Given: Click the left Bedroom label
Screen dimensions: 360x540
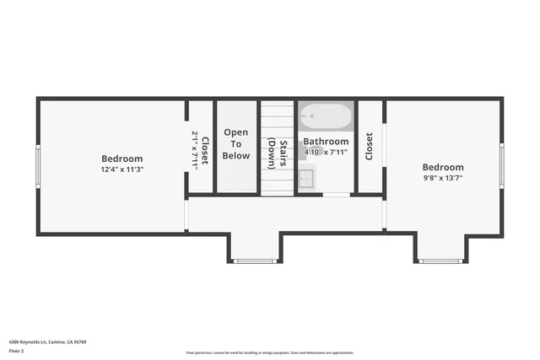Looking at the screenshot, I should [121, 159].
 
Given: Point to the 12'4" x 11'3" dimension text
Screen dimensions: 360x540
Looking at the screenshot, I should [121, 169].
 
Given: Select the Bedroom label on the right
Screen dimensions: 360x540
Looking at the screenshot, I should [442, 167].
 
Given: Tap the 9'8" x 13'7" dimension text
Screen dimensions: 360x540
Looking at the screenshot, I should [442, 178].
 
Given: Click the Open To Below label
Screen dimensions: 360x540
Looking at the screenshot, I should [236, 144].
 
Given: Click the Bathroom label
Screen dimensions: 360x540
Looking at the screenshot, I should [326, 142].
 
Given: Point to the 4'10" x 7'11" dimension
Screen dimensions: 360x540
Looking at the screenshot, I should [326, 152].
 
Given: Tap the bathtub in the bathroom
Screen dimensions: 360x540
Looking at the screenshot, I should [326, 116].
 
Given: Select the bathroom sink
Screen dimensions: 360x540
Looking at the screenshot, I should [306, 178].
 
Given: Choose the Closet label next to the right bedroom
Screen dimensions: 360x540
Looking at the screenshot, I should [370, 146].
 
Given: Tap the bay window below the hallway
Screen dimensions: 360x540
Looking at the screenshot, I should [255, 261].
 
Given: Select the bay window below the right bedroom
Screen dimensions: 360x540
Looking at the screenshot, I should [442, 261].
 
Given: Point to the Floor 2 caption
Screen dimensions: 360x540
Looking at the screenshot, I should [16, 350].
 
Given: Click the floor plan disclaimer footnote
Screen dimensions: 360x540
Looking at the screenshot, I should [269, 353].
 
